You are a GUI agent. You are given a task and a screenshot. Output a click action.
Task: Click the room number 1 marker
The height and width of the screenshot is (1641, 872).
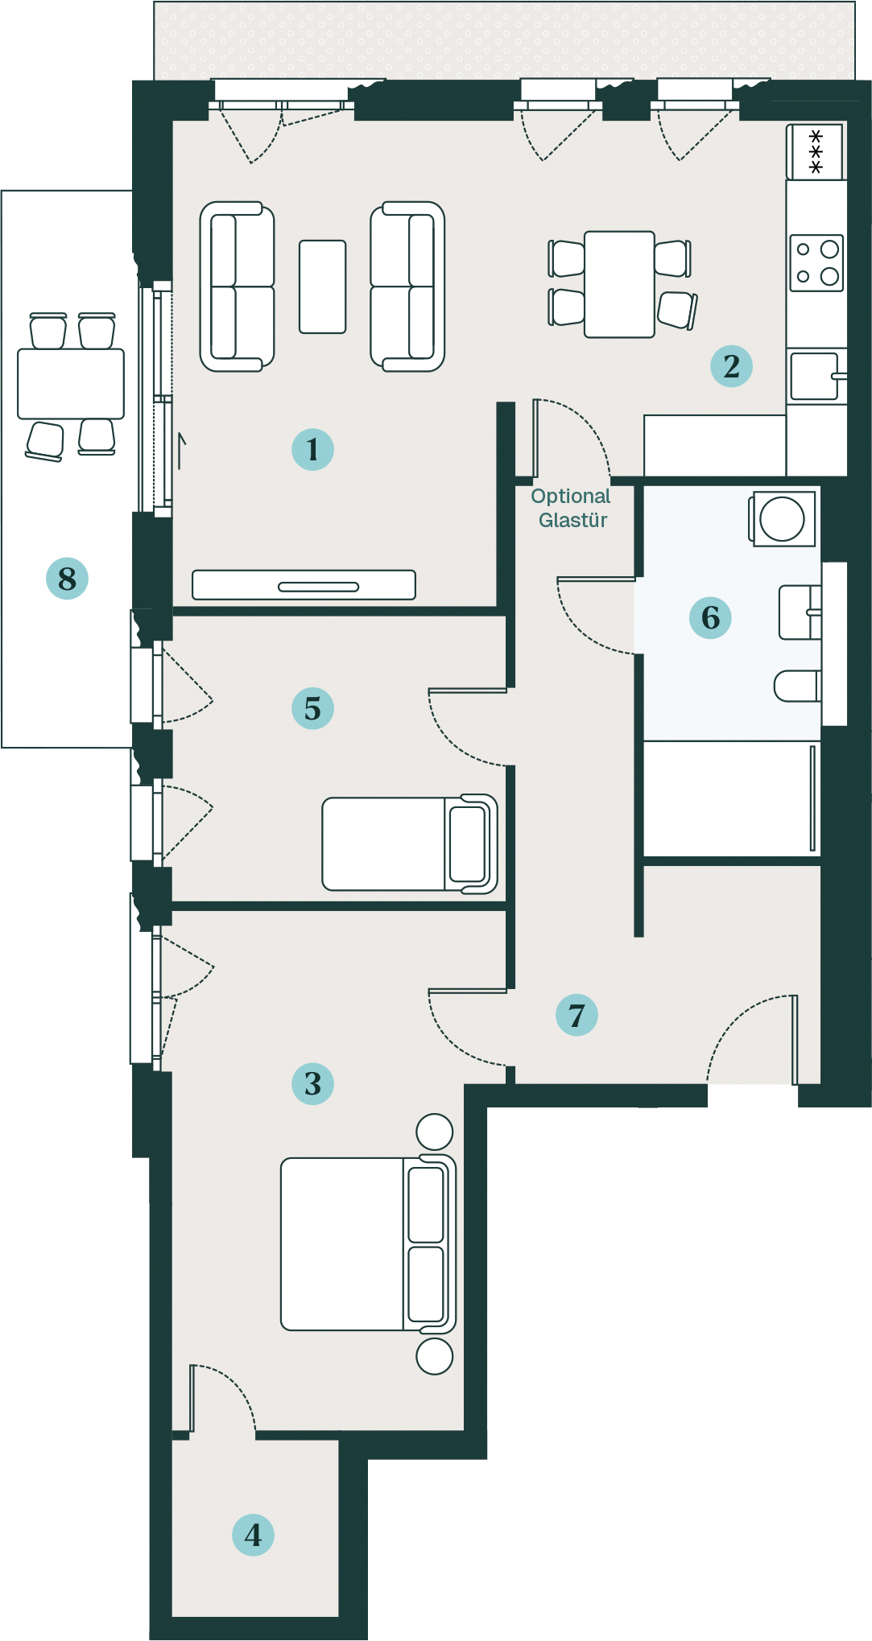(312, 449)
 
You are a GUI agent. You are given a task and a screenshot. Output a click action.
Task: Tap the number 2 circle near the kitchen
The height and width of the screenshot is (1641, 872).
(731, 366)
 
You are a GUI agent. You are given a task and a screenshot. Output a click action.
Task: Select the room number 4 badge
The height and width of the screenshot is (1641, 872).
(253, 1535)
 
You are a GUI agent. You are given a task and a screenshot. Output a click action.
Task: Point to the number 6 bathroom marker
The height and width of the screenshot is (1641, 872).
(710, 617)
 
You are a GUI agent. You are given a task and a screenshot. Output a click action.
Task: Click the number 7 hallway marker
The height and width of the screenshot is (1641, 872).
(577, 1015)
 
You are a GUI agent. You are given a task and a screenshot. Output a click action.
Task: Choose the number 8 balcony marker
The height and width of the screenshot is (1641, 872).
(67, 578)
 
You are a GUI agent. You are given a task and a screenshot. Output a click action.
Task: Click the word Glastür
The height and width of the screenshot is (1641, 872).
(572, 520)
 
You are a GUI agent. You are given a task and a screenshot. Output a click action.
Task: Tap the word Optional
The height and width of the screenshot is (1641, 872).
(571, 497)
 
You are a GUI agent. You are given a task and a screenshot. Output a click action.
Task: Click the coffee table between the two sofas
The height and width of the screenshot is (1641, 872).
(323, 287)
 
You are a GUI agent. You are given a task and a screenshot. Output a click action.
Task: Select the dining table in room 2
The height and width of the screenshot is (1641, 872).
(619, 284)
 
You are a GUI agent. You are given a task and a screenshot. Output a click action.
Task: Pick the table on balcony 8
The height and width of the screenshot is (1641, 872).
(71, 384)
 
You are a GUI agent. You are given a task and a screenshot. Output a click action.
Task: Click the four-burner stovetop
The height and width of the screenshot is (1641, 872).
(816, 262)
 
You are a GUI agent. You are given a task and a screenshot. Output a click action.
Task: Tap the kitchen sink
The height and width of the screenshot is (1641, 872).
(815, 376)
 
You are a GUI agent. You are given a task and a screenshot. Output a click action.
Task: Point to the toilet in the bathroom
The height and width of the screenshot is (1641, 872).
(798, 686)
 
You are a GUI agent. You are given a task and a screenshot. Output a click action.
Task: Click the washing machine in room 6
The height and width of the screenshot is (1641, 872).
(783, 519)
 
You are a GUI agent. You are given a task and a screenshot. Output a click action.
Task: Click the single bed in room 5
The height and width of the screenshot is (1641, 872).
(410, 843)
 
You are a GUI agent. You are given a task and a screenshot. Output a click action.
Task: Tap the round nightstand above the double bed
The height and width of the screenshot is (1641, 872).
(435, 1132)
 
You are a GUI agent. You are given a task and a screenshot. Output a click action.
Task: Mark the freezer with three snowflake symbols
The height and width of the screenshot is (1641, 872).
(816, 151)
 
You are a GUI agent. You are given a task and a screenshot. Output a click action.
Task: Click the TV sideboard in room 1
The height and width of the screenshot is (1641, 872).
(304, 585)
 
